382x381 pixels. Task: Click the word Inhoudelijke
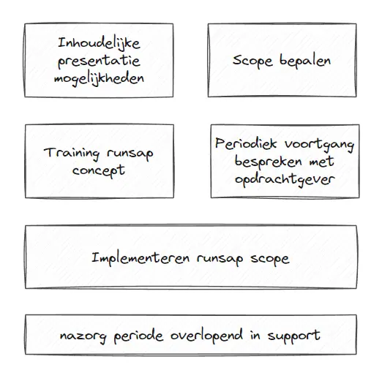click(x=99, y=44)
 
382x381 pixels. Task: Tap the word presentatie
click(x=99, y=61)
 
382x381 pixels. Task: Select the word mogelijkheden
click(x=99, y=79)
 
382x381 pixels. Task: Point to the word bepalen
click(x=305, y=61)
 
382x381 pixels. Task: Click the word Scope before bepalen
click(x=252, y=61)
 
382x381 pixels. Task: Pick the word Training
click(x=72, y=154)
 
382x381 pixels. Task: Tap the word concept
click(x=99, y=171)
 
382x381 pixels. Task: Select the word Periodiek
click(x=246, y=143)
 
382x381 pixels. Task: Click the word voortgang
click(x=319, y=146)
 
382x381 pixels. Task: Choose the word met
click(x=321, y=162)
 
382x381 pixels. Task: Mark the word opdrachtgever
click(x=285, y=181)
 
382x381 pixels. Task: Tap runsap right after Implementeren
click(x=220, y=260)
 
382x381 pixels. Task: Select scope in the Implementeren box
click(x=270, y=260)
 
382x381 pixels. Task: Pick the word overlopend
click(x=206, y=336)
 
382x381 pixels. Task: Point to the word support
click(x=294, y=336)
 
